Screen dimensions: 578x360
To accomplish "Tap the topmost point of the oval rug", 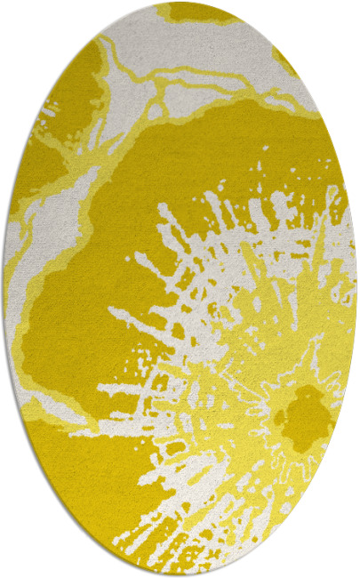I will tap(179, 4).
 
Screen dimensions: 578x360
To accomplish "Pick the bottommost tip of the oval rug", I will tap(179, 574).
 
